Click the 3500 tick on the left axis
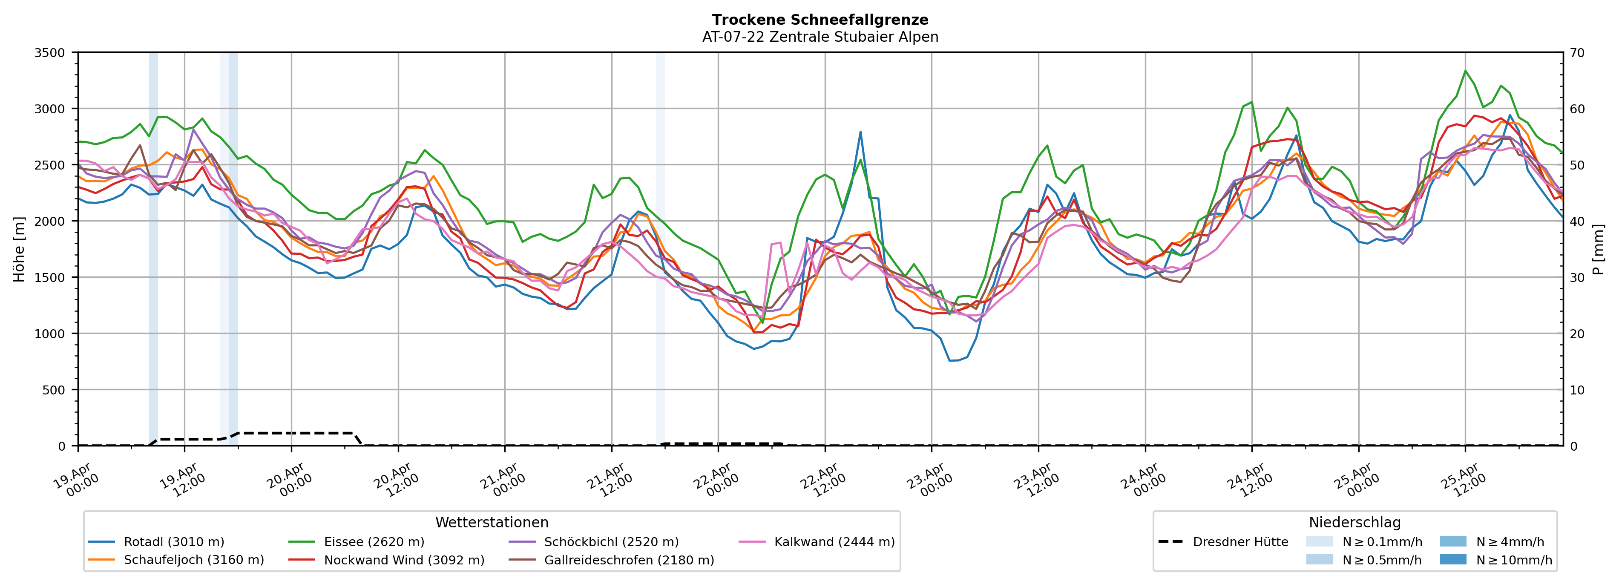(50, 53)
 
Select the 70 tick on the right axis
(1577, 53)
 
